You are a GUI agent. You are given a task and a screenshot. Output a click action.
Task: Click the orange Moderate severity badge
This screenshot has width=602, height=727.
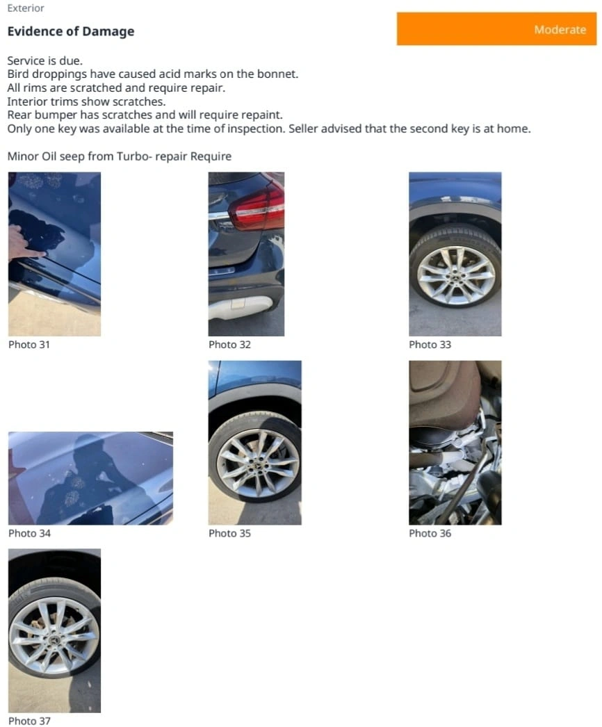pyautogui.click(x=496, y=29)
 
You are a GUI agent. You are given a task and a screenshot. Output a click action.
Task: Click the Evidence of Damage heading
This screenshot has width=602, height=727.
pyautogui.click(x=70, y=31)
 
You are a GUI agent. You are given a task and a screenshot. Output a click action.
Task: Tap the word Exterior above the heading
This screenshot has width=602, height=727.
pyautogui.click(x=26, y=8)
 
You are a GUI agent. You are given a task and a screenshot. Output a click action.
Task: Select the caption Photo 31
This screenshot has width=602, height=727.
pyautogui.click(x=29, y=345)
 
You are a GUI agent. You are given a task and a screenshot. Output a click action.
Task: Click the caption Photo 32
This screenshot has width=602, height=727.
pyautogui.click(x=229, y=345)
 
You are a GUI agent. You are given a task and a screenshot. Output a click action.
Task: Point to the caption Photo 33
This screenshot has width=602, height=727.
pyautogui.click(x=430, y=345)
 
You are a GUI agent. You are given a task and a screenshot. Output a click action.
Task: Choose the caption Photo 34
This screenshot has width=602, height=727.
pyautogui.click(x=29, y=533)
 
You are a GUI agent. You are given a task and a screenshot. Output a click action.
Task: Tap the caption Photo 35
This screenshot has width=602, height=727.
pyautogui.click(x=229, y=533)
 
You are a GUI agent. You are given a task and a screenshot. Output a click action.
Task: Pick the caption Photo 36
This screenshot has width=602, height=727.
pyautogui.click(x=430, y=533)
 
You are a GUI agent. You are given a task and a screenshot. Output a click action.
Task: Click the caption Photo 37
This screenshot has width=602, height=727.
pyautogui.click(x=29, y=721)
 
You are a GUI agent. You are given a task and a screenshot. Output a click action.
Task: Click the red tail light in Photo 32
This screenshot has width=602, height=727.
pyautogui.click(x=257, y=207)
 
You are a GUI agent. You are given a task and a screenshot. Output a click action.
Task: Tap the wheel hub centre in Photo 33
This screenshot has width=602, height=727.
pyautogui.click(x=455, y=276)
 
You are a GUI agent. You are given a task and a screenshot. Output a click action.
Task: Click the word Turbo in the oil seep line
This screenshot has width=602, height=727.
pyautogui.click(x=131, y=156)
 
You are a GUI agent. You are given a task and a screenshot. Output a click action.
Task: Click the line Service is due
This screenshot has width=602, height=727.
pyautogui.click(x=45, y=60)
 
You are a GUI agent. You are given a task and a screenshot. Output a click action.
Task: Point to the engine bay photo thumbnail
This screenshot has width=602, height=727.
pyautogui.click(x=455, y=443)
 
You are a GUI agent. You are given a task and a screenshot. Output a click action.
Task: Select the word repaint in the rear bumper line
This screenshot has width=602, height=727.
pyautogui.click(x=264, y=115)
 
